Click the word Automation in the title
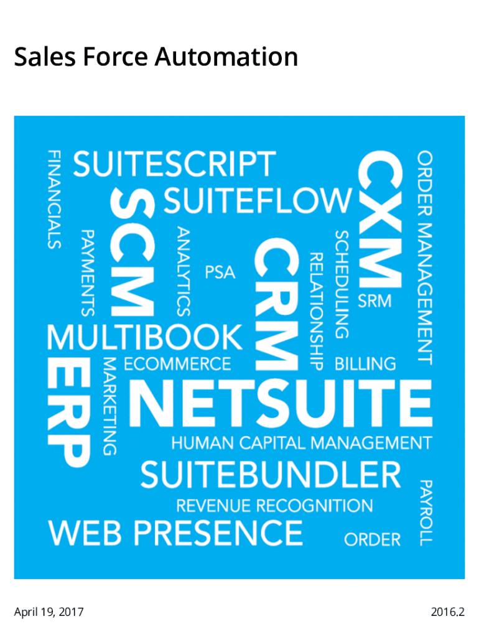pyautogui.click(x=226, y=57)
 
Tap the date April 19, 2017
pyautogui.click(x=49, y=612)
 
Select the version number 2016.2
pyautogui.click(x=448, y=612)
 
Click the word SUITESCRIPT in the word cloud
pyautogui.click(x=174, y=164)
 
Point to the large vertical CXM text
pyautogui.click(x=380, y=219)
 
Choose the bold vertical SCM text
pyautogui.click(x=133, y=253)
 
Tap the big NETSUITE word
pyautogui.click(x=281, y=403)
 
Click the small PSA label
pyautogui.click(x=220, y=272)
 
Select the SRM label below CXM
pyautogui.click(x=374, y=301)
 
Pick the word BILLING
pyautogui.click(x=365, y=364)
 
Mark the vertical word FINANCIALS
pyautogui.click(x=55, y=200)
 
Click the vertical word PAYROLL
pyautogui.click(x=426, y=513)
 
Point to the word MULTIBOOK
pyautogui.click(x=145, y=337)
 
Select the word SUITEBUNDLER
pyautogui.click(x=271, y=475)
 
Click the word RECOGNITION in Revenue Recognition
pyautogui.click(x=314, y=506)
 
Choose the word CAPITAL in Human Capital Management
pyautogui.click(x=272, y=443)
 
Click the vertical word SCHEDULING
pyautogui.click(x=342, y=284)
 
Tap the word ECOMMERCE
pyautogui.click(x=177, y=364)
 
